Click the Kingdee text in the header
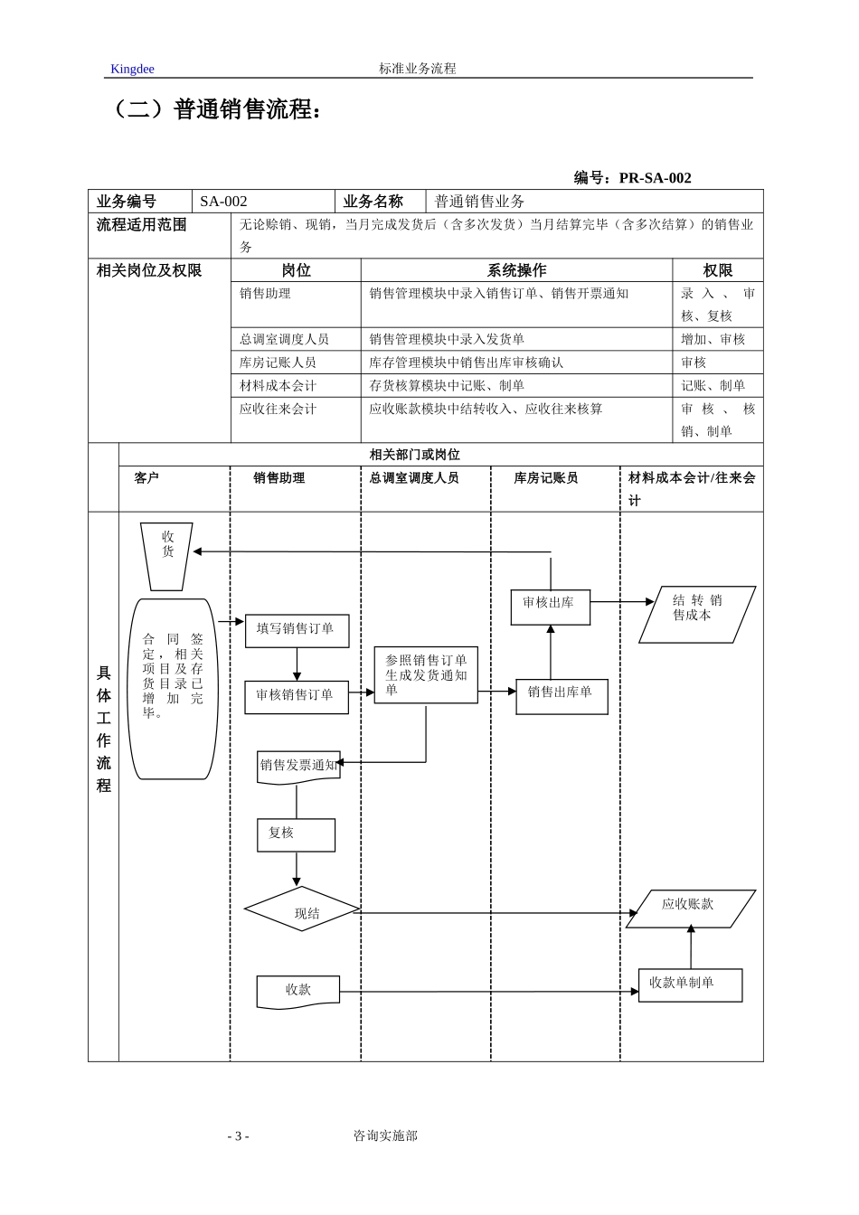pos(132,69)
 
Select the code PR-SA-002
pos(655,178)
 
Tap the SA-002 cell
pos(224,202)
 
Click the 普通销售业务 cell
pos(479,202)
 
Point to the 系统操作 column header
pos(516,270)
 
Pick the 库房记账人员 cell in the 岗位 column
pos(278,363)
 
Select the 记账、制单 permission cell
pos(713,386)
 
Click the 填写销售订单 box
pos(297,630)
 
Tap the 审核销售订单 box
pos(296,696)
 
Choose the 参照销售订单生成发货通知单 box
pos(426,675)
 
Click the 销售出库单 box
pos(562,695)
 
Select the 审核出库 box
pos(550,607)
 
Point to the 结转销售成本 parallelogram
pos(697,614)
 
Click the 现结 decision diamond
pos(303,909)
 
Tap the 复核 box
pos(296,834)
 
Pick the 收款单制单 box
pos(690,984)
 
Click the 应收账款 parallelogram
pos(690,908)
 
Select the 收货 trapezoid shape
pos(167,555)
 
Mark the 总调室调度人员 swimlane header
pos(414,478)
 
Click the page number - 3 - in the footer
pos(238,1136)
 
